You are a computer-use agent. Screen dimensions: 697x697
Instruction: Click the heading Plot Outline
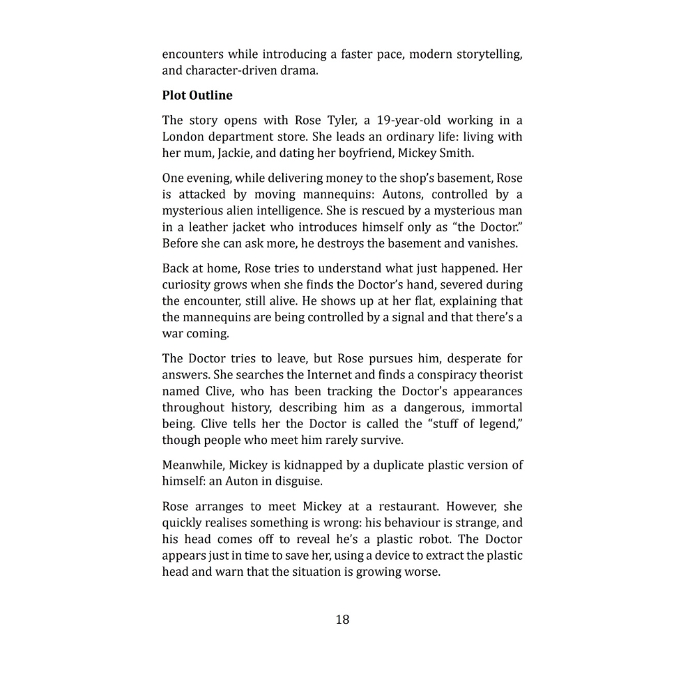click(x=197, y=95)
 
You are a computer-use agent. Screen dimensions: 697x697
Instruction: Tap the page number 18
click(x=342, y=619)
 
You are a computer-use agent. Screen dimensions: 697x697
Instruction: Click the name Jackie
click(x=233, y=153)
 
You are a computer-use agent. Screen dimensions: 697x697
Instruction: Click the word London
click(x=184, y=137)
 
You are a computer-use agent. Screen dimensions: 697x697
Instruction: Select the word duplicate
click(x=386, y=465)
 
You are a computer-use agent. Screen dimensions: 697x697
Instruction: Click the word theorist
click(x=498, y=375)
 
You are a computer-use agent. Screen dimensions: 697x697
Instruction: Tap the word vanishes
click(x=493, y=244)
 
